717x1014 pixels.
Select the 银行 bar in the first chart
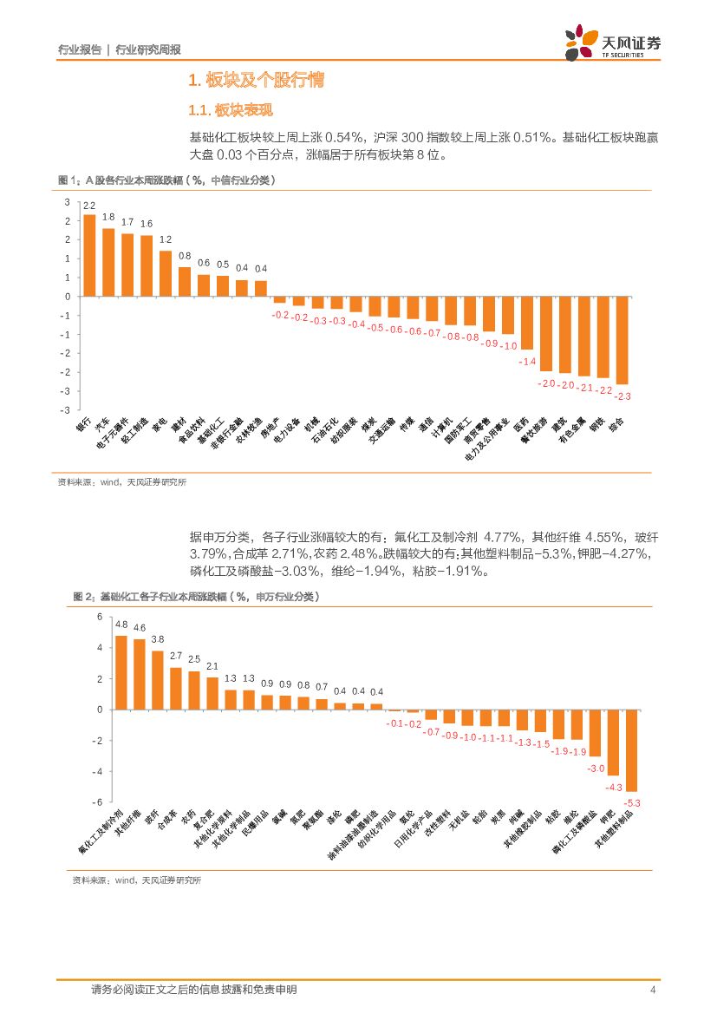89,255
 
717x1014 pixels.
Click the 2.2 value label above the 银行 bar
89,206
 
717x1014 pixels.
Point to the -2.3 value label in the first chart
622,396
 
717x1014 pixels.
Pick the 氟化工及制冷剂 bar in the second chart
121,672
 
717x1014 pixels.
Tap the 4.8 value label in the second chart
121,625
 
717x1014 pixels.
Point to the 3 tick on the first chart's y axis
67,201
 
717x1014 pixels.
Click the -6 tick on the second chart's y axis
99,802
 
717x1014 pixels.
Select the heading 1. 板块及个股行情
257,82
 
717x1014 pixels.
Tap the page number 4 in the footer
652,990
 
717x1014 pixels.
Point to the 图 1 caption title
166,180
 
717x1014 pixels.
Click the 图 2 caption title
196,597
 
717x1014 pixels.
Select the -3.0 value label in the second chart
595,769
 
